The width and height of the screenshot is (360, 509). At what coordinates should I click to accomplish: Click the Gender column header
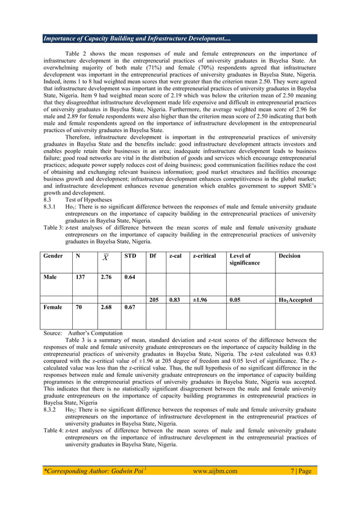(53, 256)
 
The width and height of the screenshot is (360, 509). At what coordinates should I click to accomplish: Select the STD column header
(130, 256)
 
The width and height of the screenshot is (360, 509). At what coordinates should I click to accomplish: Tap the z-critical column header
(204, 256)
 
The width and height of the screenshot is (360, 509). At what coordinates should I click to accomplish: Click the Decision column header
(289, 256)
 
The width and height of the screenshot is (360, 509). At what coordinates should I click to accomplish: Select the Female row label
(55, 308)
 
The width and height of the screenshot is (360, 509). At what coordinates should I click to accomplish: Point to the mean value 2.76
(107, 277)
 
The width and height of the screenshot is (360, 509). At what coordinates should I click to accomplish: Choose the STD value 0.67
(130, 308)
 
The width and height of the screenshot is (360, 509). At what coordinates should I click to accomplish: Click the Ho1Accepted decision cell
(295, 300)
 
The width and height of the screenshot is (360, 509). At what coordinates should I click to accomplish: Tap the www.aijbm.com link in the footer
(214, 471)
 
